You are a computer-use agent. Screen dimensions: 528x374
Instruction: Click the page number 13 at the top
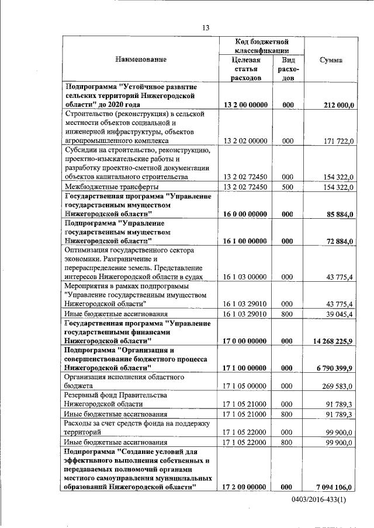click(205, 27)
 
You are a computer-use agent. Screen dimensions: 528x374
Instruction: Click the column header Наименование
click(141, 60)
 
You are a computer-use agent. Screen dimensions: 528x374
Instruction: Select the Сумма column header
click(330, 60)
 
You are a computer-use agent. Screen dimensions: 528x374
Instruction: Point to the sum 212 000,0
click(338, 104)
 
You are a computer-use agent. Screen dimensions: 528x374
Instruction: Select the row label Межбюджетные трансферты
click(111, 187)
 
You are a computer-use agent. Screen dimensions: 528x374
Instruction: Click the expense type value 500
click(287, 187)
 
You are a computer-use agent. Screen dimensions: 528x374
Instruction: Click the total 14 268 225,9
click(333, 340)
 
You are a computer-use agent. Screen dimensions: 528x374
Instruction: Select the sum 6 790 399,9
click(335, 368)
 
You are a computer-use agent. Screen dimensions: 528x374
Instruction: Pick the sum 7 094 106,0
click(335, 486)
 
